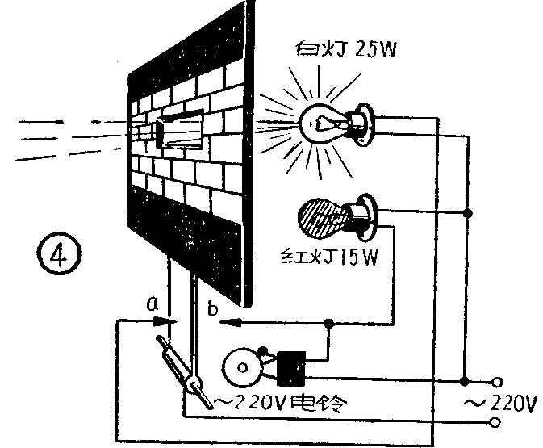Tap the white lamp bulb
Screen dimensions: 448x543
pyautogui.click(x=324, y=122)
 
